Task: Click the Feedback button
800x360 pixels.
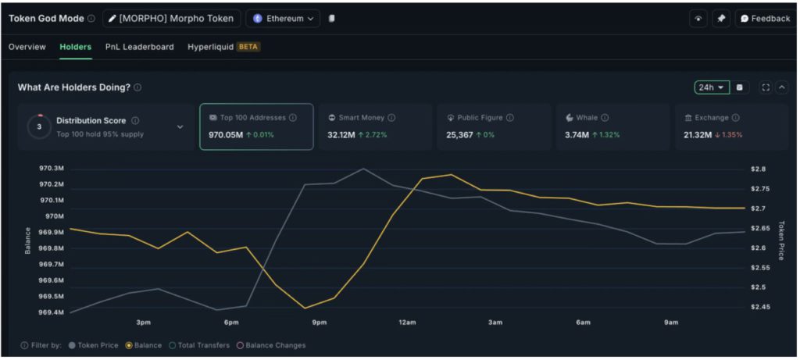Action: pos(765,19)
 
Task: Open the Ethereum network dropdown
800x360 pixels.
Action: pos(283,19)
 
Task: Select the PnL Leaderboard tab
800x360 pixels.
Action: pos(140,47)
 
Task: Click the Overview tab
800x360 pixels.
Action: pos(27,47)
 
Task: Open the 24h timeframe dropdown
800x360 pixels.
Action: pos(711,87)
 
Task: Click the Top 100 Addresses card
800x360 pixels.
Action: pos(256,126)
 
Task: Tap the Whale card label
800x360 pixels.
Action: pos(587,118)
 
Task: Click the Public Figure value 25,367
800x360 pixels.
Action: pos(459,135)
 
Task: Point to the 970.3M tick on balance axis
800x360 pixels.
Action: pos(52,168)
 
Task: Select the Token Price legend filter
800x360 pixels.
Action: pos(94,345)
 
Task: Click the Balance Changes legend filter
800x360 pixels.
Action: pos(272,345)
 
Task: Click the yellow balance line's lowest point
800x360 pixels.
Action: pos(305,308)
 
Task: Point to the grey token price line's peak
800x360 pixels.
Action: pos(363,168)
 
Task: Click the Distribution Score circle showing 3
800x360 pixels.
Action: pos(39,127)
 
